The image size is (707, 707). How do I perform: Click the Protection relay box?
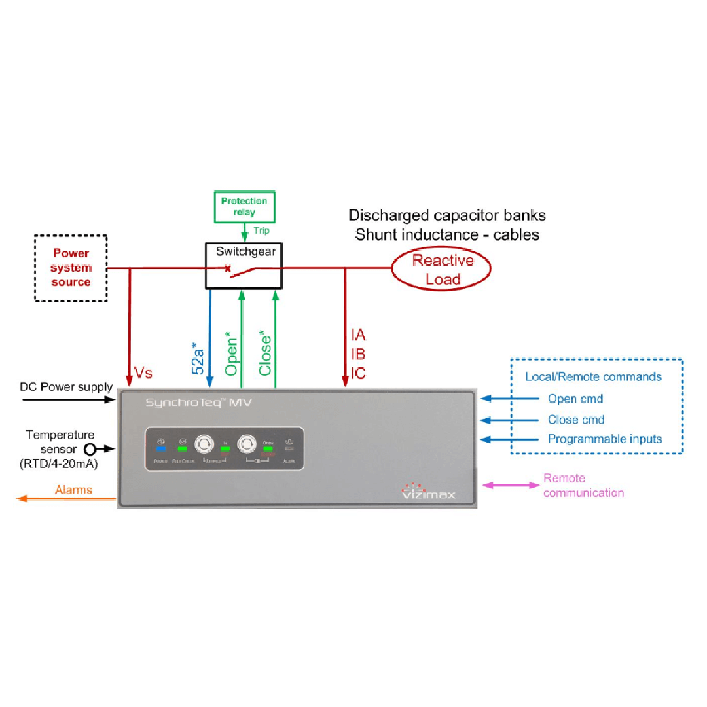(x=244, y=207)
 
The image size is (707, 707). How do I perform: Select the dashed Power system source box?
(x=71, y=268)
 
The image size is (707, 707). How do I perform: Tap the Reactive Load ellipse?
(x=442, y=269)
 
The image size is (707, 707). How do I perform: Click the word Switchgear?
(x=245, y=251)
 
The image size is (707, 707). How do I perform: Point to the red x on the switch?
(x=227, y=268)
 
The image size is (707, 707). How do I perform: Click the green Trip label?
(x=261, y=230)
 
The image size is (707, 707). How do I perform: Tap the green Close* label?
(x=265, y=355)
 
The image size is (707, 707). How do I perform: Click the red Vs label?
(x=143, y=372)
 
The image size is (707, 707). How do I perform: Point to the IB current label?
(x=358, y=354)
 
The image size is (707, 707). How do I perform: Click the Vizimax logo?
(x=429, y=492)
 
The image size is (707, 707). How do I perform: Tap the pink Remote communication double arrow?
(x=510, y=485)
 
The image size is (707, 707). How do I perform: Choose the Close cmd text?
(x=575, y=420)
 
